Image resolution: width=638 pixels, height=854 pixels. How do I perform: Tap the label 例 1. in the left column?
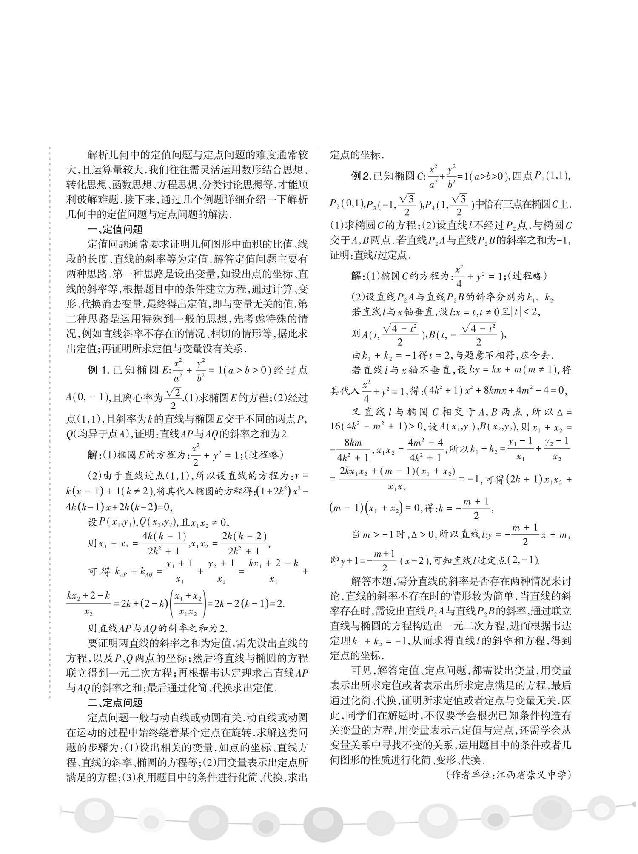pyautogui.click(x=99, y=370)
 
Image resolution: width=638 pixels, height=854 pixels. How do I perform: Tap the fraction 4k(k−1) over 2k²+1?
pyautogui.click(x=164, y=544)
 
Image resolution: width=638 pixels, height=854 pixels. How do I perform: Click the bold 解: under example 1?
pyautogui.click(x=93, y=455)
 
